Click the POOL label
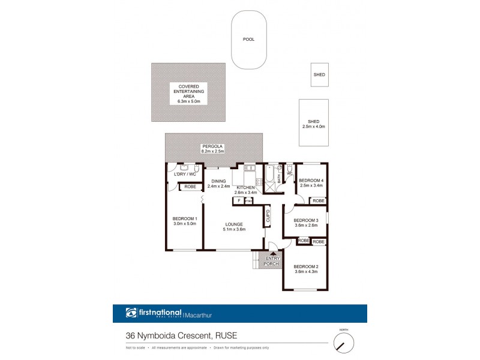(x=248, y=39)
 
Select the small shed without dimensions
(x=319, y=75)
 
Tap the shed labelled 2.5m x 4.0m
(x=313, y=122)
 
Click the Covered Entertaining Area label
(x=188, y=94)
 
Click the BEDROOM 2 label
(x=306, y=269)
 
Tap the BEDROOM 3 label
(x=306, y=223)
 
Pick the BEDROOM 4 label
(x=311, y=183)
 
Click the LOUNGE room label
(x=234, y=226)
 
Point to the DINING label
(x=218, y=183)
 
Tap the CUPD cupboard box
(x=268, y=216)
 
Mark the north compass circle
(x=344, y=344)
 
